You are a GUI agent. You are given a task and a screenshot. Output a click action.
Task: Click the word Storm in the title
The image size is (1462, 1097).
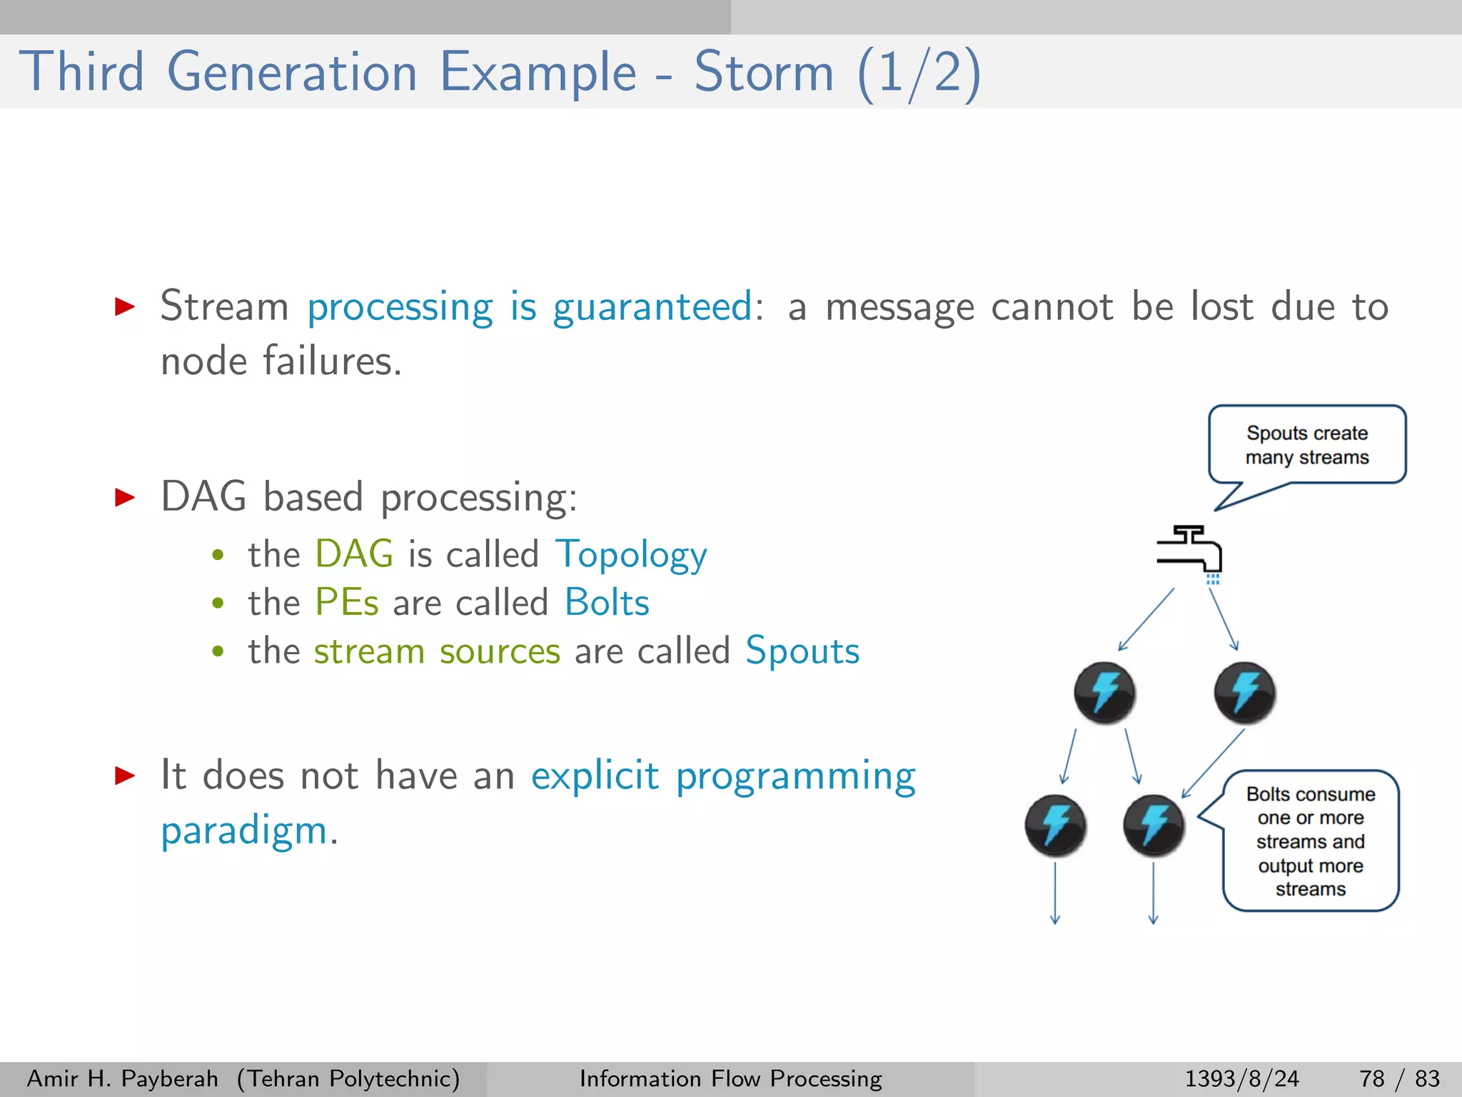(764, 72)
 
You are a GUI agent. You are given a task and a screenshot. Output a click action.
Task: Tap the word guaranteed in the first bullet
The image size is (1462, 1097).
(652, 308)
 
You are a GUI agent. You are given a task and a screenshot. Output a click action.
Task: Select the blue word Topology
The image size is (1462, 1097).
(631, 555)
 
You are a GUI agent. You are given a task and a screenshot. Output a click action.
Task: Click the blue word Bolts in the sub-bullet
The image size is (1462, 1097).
(607, 603)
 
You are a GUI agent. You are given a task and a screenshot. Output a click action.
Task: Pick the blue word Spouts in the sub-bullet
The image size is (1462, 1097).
(802, 651)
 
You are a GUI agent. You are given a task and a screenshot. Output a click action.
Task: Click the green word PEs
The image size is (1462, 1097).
(347, 603)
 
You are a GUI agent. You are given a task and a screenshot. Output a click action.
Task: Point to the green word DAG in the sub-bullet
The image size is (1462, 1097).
(354, 554)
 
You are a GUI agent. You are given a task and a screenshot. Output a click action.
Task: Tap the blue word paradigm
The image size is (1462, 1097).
(243, 831)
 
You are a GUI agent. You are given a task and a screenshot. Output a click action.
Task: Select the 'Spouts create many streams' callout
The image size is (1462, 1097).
(1306, 445)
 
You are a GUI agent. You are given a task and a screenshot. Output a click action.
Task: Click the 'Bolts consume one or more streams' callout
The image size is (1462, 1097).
(1311, 841)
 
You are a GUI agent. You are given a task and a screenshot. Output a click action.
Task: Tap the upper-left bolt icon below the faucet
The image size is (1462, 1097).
(1104, 693)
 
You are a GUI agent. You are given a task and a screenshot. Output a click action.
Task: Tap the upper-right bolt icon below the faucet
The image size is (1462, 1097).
(1244, 693)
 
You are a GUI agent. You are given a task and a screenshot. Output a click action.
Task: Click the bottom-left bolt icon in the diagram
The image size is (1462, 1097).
(1055, 826)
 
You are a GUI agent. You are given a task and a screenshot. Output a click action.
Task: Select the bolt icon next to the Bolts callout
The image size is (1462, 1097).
(1154, 826)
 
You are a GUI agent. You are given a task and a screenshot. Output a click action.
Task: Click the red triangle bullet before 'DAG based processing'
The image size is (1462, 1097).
(125, 497)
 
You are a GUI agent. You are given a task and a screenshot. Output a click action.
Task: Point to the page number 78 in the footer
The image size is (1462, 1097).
(1371, 1078)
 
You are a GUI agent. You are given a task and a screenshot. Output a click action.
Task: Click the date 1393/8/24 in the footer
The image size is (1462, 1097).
(1241, 1078)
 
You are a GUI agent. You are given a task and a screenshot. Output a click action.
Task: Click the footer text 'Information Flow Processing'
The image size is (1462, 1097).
(730, 1078)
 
